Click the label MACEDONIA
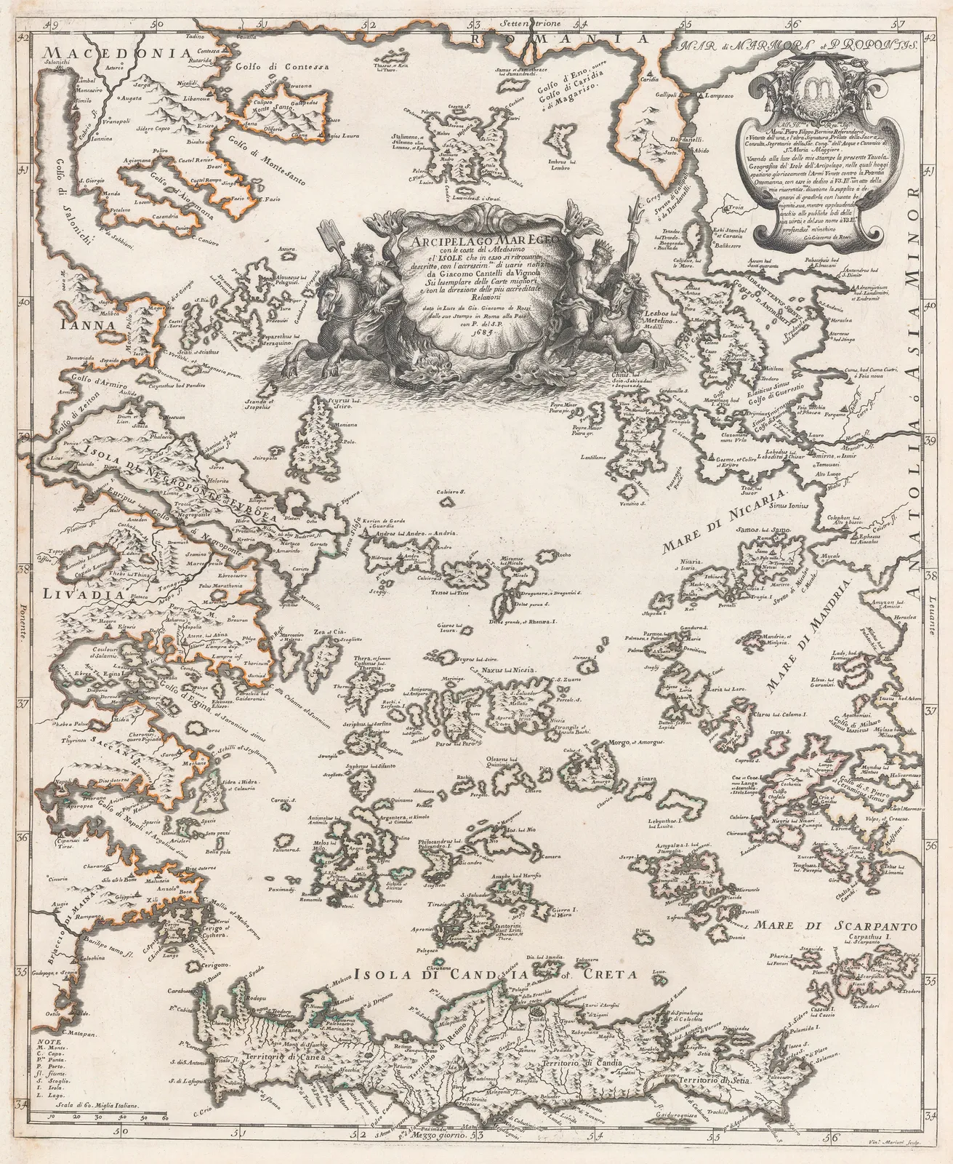pyautogui.click(x=117, y=53)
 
